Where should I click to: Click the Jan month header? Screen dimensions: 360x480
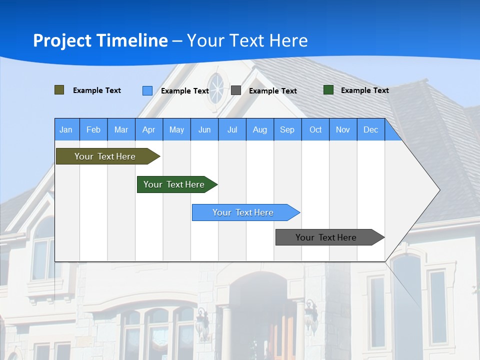click(x=66, y=129)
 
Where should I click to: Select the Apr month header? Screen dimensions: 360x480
click(x=149, y=129)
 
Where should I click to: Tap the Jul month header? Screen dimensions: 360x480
click(x=232, y=129)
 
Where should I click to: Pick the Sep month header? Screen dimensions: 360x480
click(x=287, y=129)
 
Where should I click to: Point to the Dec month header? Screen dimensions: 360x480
click(x=370, y=129)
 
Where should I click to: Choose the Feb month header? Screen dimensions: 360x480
click(x=93, y=129)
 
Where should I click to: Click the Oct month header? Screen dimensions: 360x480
click(x=315, y=129)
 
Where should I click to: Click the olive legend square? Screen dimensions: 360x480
click(x=59, y=90)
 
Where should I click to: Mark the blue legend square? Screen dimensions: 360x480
click(x=147, y=90)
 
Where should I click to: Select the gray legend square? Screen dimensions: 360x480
click(x=236, y=90)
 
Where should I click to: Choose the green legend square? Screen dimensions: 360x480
click(x=328, y=90)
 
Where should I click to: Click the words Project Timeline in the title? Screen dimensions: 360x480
click(x=100, y=40)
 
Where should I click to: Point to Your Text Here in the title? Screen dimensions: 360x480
click(x=247, y=40)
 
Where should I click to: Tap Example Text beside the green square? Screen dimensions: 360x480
click(x=364, y=90)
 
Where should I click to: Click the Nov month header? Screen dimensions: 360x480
click(x=343, y=129)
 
